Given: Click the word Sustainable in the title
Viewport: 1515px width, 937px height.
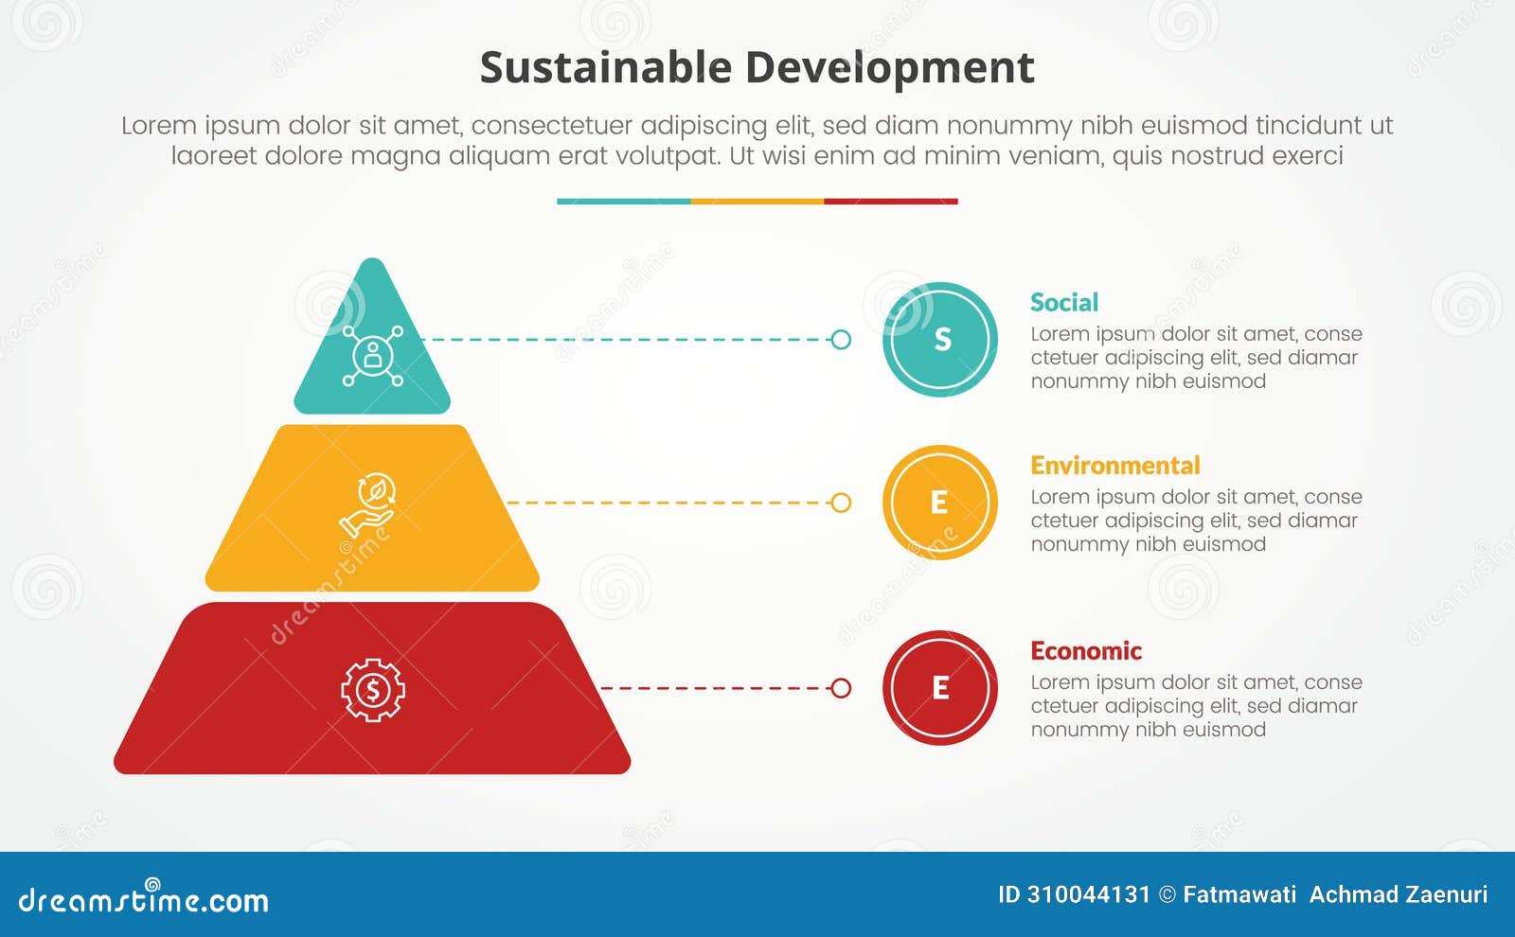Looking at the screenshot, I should [x=605, y=68].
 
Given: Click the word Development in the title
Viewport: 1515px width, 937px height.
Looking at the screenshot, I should [x=889, y=68].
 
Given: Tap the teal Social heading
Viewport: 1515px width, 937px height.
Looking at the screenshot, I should [x=1064, y=303].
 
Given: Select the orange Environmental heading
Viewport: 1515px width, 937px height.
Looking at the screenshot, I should [x=1114, y=466].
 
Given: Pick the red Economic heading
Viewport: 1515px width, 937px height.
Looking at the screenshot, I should [x=1085, y=651].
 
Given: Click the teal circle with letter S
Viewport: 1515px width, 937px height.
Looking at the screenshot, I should [x=940, y=340].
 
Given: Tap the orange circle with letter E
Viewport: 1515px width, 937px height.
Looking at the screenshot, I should [x=940, y=503].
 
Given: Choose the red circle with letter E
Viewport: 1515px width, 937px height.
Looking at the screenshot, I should [x=940, y=688].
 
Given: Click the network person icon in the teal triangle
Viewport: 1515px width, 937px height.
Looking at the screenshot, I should [x=372, y=356].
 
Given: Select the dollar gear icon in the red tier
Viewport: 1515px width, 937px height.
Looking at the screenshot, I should [x=372, y=690].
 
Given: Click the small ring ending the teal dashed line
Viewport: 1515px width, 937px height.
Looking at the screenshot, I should [x=841, y=340].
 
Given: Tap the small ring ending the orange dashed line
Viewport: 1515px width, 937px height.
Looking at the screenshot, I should [x=841, y=503].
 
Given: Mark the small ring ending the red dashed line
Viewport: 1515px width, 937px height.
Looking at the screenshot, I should [x=841, y=688].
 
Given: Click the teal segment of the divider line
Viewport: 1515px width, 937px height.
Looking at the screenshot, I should [x=623, y=202].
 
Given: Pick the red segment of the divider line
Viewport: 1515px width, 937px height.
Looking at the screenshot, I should [x=891, y=202].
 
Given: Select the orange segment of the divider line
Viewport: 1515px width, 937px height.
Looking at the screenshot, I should [x=757, y=202].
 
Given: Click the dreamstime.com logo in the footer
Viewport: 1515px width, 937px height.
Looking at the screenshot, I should [x=144, y=898].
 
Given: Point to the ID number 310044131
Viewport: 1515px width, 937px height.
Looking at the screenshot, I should [x=1088, y=894].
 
